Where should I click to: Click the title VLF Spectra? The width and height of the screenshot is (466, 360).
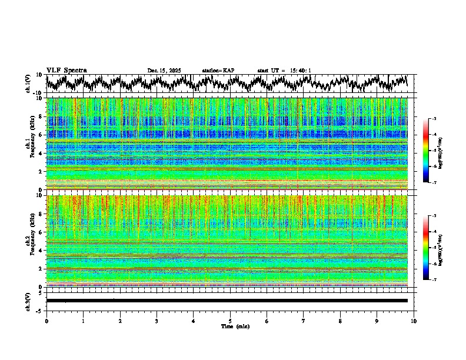(66, 70)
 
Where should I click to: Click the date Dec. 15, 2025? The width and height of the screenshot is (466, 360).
(164, 71)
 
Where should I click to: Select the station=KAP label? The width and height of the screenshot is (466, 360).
(218, 71)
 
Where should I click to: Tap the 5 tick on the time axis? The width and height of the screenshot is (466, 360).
(231, 321)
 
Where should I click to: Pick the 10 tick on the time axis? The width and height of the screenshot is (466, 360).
(414, 321)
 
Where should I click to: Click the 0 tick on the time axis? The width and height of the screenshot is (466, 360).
(46, 321)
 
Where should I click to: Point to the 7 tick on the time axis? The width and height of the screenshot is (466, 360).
(304, 321)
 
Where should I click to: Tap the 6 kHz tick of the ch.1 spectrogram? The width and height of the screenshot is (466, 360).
(41, 135)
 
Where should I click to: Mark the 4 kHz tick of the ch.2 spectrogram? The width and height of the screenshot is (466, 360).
(41, 250)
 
